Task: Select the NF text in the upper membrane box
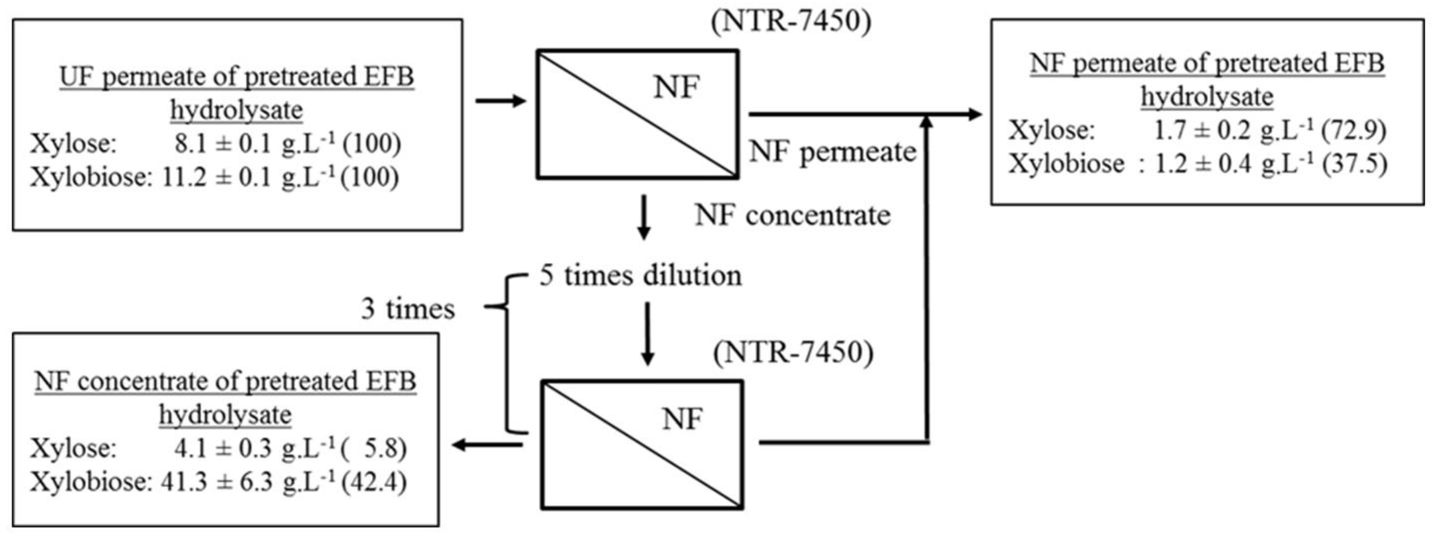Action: click(676, 87)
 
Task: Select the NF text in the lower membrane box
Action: click(682, 419)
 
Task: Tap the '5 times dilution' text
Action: click(640, 276)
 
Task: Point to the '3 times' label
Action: click(408, 309)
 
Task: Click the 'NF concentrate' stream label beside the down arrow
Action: click(792, 216)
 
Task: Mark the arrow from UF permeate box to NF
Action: click(501, 101)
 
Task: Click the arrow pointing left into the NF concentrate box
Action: click(487, 445)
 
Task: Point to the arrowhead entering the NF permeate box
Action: click(974, 115)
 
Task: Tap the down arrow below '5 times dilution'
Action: click(646, 334)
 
